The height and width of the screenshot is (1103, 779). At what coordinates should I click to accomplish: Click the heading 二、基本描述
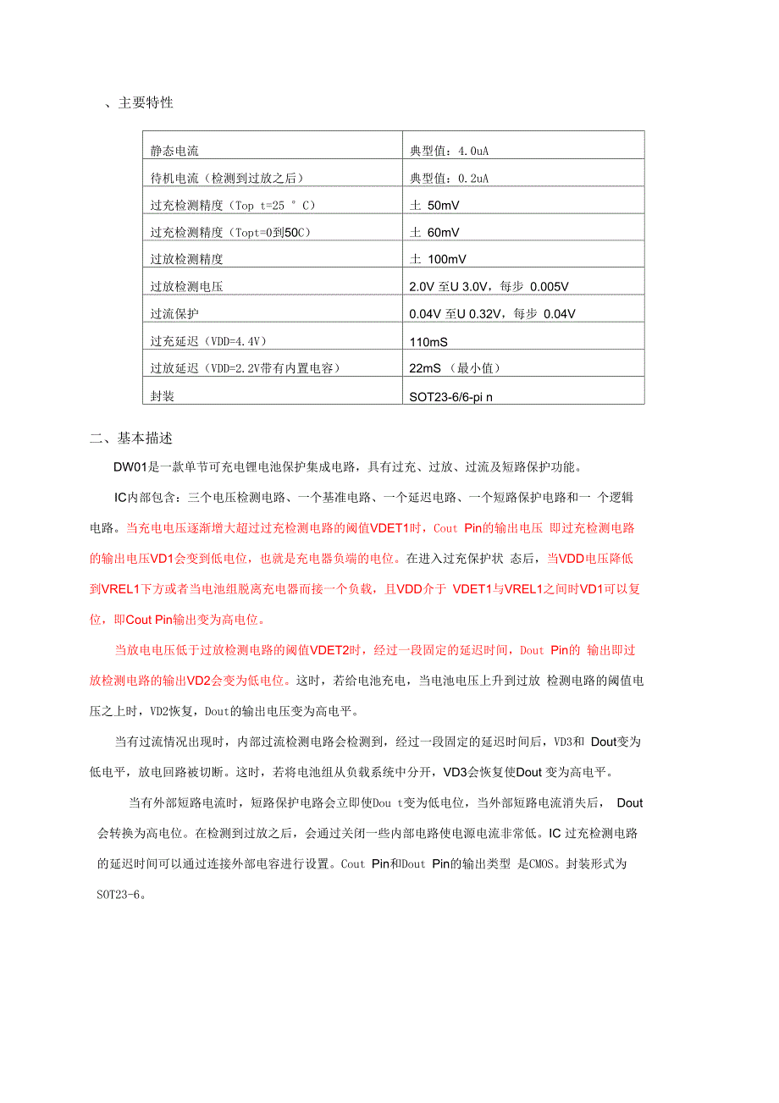[x=131, y=438]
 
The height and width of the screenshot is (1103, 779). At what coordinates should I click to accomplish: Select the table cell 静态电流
[x=174, y=151]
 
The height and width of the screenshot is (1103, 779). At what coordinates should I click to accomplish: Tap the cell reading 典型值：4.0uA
[x=449, y=151]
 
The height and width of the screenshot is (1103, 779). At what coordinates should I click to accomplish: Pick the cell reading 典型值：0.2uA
[x=449, y=178]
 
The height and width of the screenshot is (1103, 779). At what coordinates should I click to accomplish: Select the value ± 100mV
[x=438, y=260]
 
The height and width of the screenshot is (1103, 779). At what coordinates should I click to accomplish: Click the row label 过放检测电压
[x=186, y=287]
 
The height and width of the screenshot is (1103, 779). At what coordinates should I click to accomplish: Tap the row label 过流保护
[x=174, y=314]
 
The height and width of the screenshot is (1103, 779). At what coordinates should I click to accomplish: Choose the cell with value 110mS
[x=428, y=342]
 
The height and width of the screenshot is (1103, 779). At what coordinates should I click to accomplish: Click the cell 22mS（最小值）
[x=455, y=368]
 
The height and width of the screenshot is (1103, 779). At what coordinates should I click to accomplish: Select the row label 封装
[x=163, y=396]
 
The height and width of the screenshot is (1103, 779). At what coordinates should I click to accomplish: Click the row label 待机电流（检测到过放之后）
[x=226, y=178]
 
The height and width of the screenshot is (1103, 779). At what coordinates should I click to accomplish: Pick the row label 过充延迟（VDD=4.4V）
[x=208, y=342]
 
